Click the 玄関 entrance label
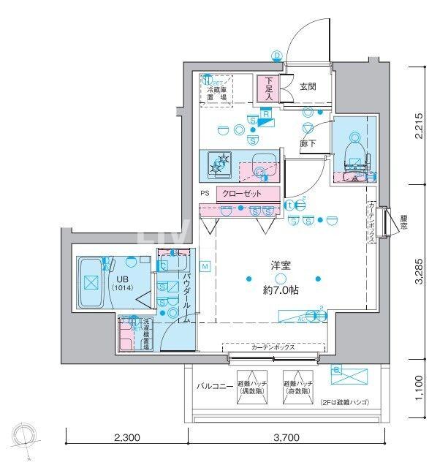pyautogui.click(x=308, y=85)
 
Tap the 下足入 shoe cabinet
pyautogui.click(x=269, y=88)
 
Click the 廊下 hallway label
pyautogui.click(x=308, y=144)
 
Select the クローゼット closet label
pyautogui.click(x=247, y=194)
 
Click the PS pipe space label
pyautogui.click(x=205, y=194)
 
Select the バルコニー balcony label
pyautogui.click(x=214, y=385)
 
